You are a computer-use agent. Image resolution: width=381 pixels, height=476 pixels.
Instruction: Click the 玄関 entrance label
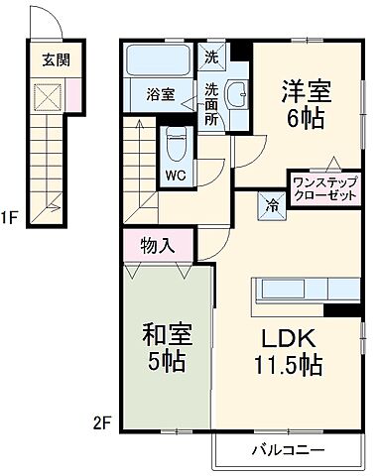56,58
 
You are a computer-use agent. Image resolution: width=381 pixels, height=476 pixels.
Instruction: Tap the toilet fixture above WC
175,145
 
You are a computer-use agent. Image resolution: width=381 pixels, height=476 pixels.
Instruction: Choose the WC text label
174,177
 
